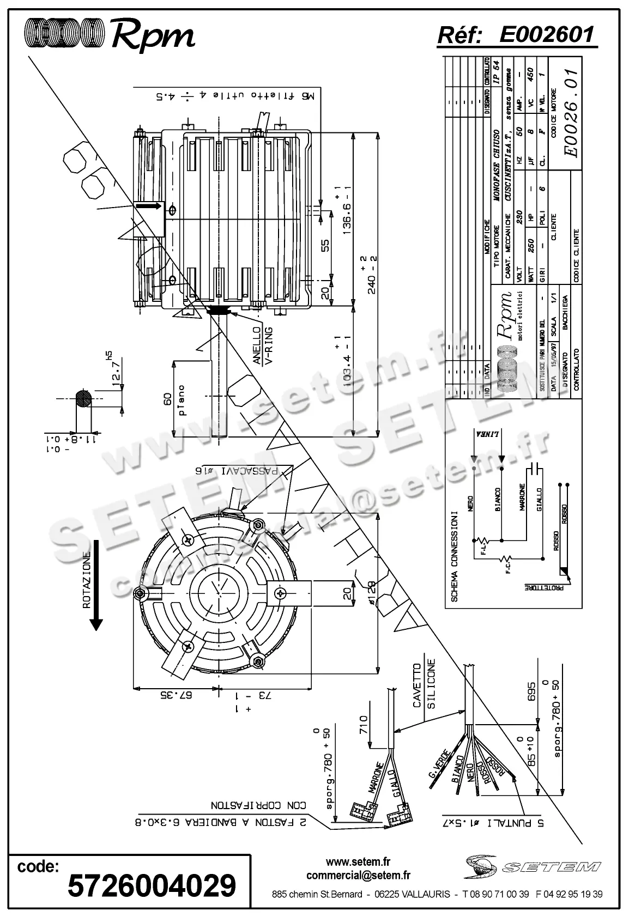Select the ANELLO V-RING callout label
(262, 347)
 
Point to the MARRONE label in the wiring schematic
(522, 496)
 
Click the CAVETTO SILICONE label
(424, 685)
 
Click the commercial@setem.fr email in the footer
(358, 876)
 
